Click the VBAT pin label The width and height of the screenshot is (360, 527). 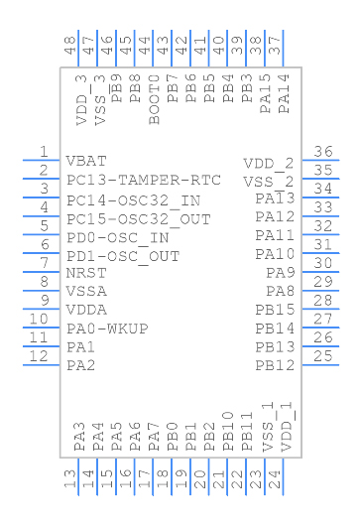coord(86,160)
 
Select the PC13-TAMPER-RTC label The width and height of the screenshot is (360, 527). coord(143,180)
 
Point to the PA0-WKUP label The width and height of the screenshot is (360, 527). coord(107,329)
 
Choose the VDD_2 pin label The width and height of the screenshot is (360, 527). coord(269,164)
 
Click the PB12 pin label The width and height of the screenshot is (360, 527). coord(275,365)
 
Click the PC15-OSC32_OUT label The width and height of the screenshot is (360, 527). coord(139,217)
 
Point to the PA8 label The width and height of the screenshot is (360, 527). coord(281,291)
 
